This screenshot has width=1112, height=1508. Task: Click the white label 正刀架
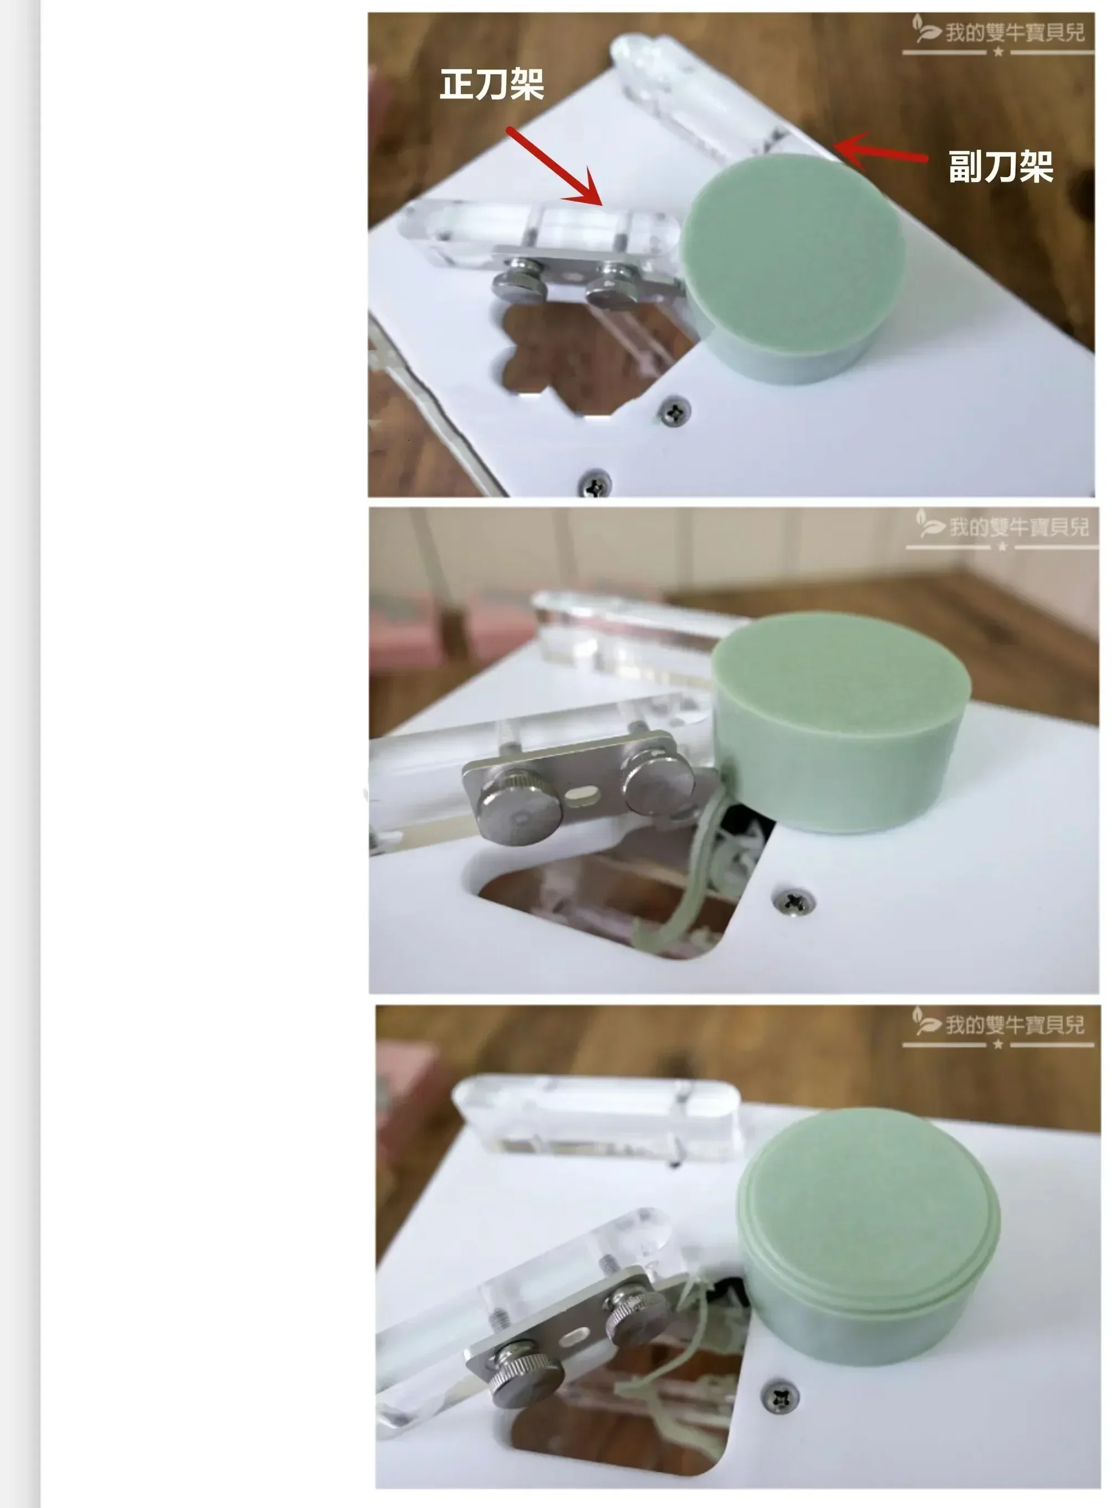pos(491,85)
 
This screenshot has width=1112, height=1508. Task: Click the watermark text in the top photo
pos(1015,32)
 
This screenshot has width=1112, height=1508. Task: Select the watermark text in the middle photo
pos(1018,526)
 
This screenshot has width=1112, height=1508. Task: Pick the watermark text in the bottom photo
pos(1015,1025)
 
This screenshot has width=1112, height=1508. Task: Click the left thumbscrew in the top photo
pos(519,286)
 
